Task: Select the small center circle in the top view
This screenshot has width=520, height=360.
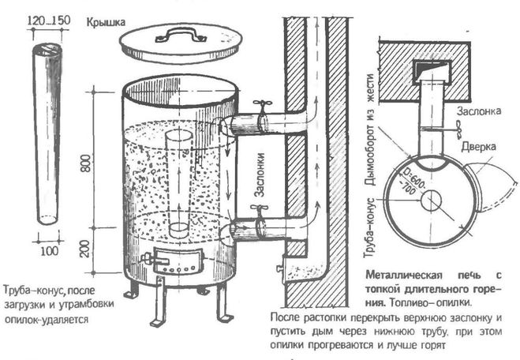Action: pos(431,201)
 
